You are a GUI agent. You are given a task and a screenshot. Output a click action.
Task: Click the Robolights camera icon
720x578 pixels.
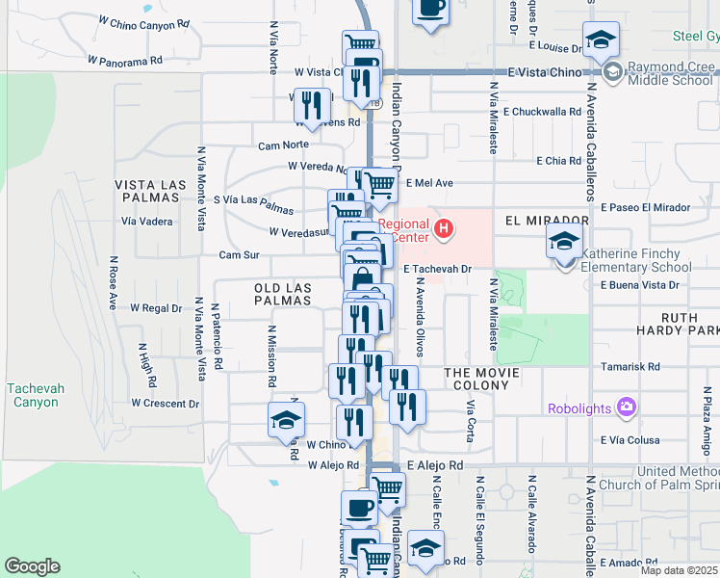point(627,407)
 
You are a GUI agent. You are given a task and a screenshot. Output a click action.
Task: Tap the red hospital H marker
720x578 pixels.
point(444,228)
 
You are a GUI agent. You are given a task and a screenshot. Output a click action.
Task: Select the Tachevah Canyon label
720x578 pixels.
point(36,395)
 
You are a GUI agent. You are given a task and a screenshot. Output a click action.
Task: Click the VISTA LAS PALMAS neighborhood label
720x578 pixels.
point(147,190)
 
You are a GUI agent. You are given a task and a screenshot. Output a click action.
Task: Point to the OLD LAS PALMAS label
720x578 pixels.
point(283,294)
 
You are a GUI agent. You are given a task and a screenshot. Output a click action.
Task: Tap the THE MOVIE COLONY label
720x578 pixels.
point(481,379)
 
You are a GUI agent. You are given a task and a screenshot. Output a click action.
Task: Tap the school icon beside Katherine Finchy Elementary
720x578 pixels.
point(565,243)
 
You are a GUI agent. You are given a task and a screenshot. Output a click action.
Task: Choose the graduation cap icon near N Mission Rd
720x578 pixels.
point(286,420)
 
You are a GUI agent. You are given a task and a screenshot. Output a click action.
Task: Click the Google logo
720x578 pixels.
point(32,566)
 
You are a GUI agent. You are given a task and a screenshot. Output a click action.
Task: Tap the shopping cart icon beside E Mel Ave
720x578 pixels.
point(379,183)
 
